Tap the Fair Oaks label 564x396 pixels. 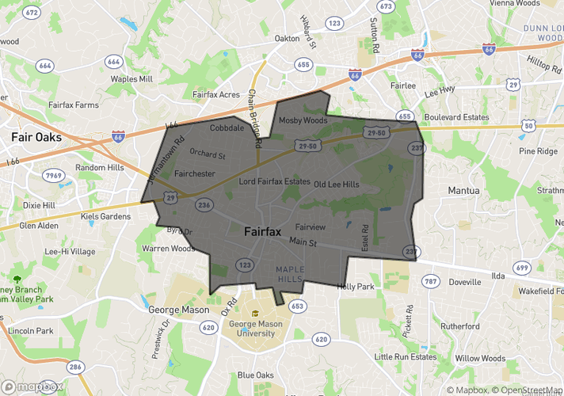click(x=36, y=136)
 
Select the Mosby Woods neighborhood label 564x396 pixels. click(x=303, y=120)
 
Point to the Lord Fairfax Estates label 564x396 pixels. click(x=275, y=181)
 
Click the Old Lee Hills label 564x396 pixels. click(x=336, y=184)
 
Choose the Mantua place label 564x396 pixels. click(x=463, y=190)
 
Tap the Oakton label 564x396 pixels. click(x=287, y=38)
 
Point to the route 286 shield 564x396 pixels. click(x=75, y=367)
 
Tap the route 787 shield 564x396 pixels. click(x=430, y=281)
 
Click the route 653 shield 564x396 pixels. click(x=297, y=306)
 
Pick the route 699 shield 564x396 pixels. click(x=521, y=268)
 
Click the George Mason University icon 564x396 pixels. click(x=255, y=313)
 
